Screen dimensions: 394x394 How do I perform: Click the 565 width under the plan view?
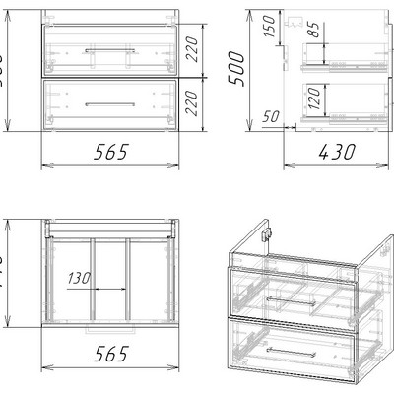click(108, 356)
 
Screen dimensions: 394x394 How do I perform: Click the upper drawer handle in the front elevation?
click(109, 48)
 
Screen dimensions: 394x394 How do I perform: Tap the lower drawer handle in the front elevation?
click(109, 103)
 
